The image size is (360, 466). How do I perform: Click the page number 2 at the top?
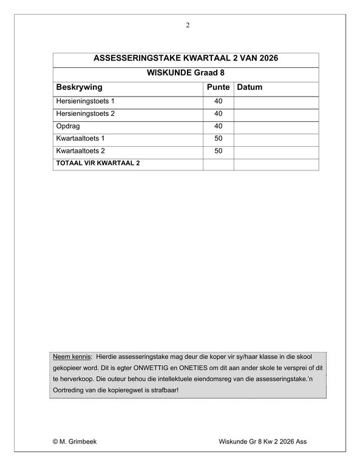coord(188,25)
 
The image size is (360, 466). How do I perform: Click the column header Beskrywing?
coord(79,87)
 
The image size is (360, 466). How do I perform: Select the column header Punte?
coord(218,87)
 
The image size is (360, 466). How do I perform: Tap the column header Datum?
coord(250,87)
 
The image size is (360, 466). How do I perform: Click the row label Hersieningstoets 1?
coord(85,101)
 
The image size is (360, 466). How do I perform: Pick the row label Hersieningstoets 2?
coord(85,113)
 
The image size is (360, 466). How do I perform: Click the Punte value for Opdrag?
coord(219,126)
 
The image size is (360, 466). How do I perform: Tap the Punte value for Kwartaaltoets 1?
coord(219,138)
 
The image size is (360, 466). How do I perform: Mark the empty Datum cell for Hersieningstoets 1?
coord(276,101)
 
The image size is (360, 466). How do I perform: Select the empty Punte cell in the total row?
coord(219,164)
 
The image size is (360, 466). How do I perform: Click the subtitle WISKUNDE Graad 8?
coord(186,73)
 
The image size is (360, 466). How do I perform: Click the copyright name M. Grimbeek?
coord(77,442)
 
